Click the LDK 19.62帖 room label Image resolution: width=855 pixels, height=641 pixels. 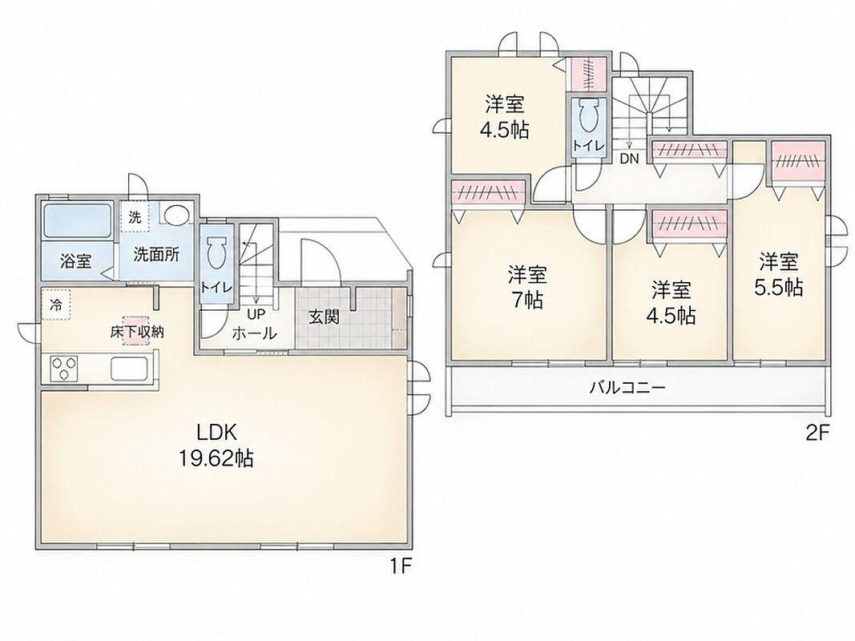(216, 445)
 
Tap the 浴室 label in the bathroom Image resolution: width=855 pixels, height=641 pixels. (75, 261)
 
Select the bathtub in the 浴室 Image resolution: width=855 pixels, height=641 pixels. (77, 221)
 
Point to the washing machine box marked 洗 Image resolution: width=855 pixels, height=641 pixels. (134, 216)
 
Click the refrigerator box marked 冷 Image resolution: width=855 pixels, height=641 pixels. (55, 304)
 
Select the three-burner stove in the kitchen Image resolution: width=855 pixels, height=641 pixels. (64, 369)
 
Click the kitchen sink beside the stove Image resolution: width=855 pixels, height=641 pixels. (129, 369)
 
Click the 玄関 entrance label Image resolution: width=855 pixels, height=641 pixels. (324, 317)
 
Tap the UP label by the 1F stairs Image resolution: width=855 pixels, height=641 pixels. (255, 315)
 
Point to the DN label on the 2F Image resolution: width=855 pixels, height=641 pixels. (629, 159)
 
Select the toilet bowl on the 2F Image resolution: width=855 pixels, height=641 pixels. (587, 115)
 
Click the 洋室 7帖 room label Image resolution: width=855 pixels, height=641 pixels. (528, 288)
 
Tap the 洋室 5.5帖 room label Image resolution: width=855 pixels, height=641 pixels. (779, 275)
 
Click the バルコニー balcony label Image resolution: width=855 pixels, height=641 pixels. (627, 388)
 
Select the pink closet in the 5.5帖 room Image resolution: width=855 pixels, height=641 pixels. (798, 163)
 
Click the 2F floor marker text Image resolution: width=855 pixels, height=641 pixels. (817, 433)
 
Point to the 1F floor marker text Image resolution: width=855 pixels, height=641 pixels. (400, 566)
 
